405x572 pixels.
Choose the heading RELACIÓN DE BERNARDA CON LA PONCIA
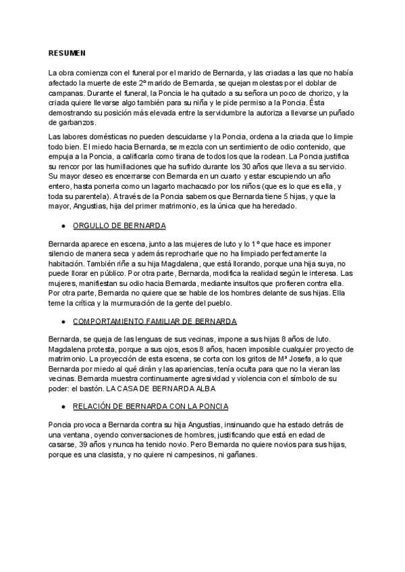150,407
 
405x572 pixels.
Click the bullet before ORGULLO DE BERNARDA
62,225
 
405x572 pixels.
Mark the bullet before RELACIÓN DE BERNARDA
62,407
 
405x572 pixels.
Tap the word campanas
67,93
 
